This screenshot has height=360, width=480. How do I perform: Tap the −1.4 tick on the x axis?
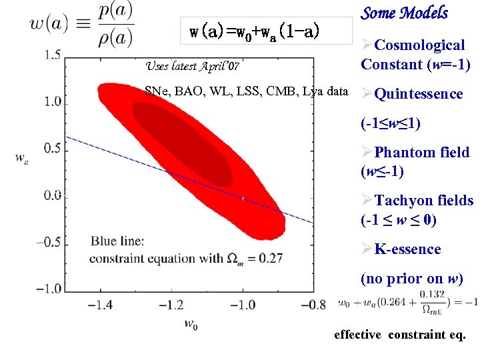100,305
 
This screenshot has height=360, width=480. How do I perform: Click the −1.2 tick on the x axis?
171,305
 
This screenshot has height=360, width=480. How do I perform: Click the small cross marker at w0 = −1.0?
243,198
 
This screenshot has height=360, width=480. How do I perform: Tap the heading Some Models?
404,13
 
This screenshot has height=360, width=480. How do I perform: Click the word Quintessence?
419,94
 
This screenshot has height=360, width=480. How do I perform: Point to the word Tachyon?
402,201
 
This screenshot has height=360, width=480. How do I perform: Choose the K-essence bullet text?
407,249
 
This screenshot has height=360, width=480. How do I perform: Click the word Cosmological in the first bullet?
419,45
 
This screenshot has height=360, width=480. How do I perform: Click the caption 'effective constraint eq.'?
399,335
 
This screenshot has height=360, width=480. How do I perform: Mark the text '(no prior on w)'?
411,279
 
